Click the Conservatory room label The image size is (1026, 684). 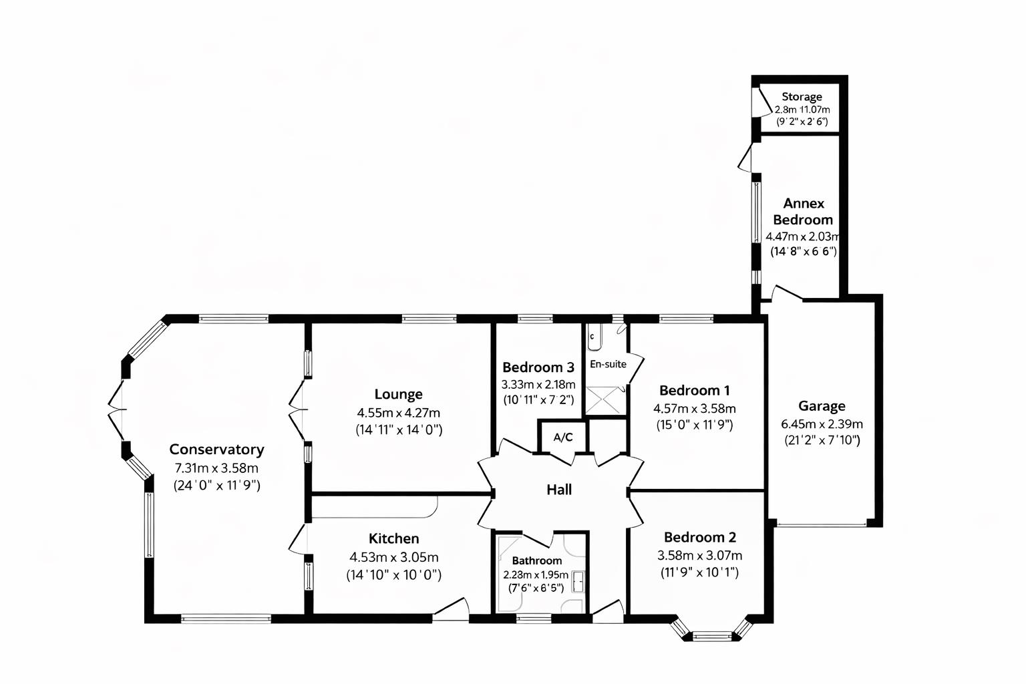tap(216, 450)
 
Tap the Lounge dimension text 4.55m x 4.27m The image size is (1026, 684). tap(398, 413)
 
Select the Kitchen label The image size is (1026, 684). tap(394, 538)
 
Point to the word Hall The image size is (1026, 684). tap(559, 490)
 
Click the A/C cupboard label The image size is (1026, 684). tap(562, 438)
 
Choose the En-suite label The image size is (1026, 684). tap(608, 364)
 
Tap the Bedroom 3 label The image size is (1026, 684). tap(538, 367)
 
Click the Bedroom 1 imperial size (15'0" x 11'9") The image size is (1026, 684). tap(694, 424)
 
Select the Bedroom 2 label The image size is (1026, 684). tap(699, 537)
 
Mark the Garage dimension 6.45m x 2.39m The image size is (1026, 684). tap(822, 424)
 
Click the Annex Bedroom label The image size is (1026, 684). tap(803, 211)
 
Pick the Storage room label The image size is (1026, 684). tap(802, 97)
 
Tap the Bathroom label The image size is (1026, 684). tap(536, 560)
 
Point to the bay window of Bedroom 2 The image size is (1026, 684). tap(712, 633)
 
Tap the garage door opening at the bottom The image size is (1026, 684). tap(822, 525)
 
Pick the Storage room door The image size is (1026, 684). tap(757, 106)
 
